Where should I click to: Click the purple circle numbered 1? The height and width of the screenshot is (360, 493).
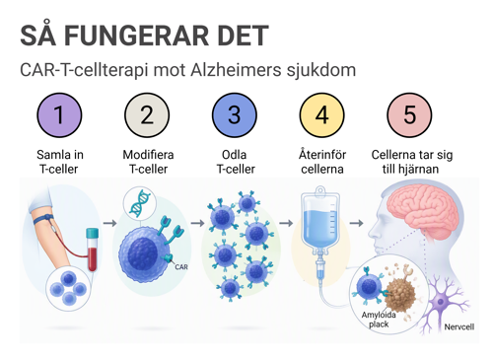click(x=59, y=115)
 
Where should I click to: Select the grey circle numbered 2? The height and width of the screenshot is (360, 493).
click(x=147, y=115)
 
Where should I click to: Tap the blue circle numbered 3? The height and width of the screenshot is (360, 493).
click(x=235, y=115)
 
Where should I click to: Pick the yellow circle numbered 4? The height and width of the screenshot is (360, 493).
click(x=322, y=115)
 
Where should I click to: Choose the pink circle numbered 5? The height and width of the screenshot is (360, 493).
click(x=409, y=115)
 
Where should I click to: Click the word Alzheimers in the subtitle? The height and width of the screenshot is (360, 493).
click(x=236, y=70)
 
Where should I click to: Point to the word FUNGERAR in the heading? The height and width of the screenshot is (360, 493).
click(x=136, y=36)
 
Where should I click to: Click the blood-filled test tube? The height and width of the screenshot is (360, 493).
click(x=93, y=250)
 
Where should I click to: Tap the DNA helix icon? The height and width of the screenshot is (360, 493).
click(x=140, y=203)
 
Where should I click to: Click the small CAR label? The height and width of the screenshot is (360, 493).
click(x=181, y=267)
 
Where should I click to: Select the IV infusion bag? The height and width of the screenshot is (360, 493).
click(x=320, y=220)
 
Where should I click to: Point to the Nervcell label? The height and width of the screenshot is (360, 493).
click(x=459, y=326)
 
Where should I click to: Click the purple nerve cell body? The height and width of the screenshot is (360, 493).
click(x=441, y=302)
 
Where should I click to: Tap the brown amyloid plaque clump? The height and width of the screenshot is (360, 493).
click(x=400, y=294)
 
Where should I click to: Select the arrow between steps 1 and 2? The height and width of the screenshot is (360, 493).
click(x=109, y=223)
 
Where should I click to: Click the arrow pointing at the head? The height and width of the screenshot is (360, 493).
click(x=356, y=223)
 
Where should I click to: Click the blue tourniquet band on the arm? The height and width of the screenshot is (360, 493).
click(x=43, y=219)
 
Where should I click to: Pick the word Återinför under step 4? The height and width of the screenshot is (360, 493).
click(x=322, y=155)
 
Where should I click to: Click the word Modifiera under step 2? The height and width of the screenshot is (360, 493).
click(x=148, y=155)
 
